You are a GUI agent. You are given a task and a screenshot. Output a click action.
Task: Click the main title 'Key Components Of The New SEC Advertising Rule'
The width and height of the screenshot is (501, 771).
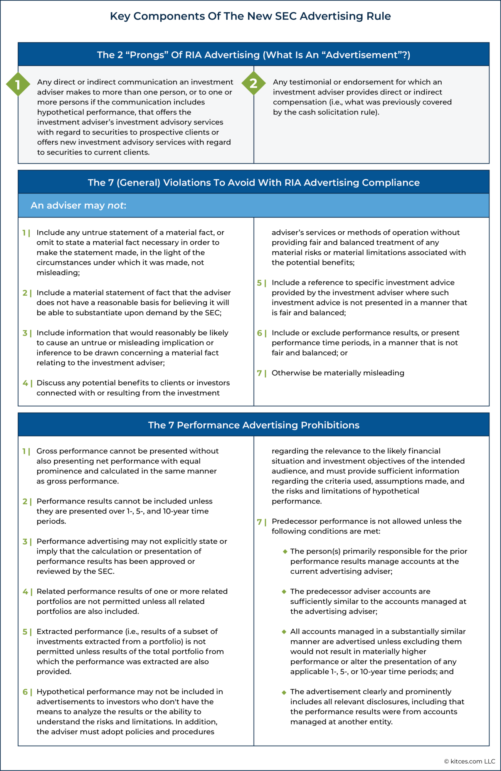tap(250, 16)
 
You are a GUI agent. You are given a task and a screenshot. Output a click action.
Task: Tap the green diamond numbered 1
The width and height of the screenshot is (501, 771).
tap(18, 84)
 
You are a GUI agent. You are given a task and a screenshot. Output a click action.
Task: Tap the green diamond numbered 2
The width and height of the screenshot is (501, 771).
tap(254, 83)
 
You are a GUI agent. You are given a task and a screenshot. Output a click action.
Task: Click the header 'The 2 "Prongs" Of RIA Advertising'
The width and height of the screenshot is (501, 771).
tap(253, 55)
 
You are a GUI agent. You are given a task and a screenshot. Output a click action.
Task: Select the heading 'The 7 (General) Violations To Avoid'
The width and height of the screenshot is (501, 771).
tap(253, 182)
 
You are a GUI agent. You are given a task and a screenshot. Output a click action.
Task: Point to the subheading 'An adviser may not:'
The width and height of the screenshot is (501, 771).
tap(79, 205)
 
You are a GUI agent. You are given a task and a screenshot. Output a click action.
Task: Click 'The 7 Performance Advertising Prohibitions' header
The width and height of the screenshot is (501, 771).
tap(253, 425)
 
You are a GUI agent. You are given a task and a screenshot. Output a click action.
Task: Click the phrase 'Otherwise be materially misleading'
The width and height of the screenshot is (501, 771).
tap(338, 373)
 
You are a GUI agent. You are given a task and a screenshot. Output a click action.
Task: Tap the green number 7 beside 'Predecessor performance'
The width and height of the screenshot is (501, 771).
tap(259, 522)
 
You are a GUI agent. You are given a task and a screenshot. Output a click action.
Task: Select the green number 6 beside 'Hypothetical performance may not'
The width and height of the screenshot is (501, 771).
tap(25, 692)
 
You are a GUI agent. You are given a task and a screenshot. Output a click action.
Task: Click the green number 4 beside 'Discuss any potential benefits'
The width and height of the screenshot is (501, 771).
tap(25, 383)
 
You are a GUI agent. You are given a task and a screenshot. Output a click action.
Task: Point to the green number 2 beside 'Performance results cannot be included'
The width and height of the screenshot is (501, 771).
tap(25, 502)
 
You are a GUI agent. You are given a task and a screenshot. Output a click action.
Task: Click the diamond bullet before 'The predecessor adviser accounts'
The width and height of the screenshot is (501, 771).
tap(284, 591)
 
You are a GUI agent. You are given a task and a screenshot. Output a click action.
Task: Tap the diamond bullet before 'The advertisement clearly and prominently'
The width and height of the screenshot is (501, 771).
tap(284, 692)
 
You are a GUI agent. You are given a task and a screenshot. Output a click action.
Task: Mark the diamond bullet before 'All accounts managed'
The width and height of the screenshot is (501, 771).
tap(284, 631)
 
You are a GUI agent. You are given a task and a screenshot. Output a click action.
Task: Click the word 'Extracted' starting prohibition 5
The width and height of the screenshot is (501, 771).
tap(52, 631)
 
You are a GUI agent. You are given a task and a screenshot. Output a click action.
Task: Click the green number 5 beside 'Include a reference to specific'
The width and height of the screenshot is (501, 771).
tap(259, 283)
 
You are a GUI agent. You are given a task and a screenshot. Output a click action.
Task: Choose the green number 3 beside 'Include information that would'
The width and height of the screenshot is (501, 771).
tap(25, 333)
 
